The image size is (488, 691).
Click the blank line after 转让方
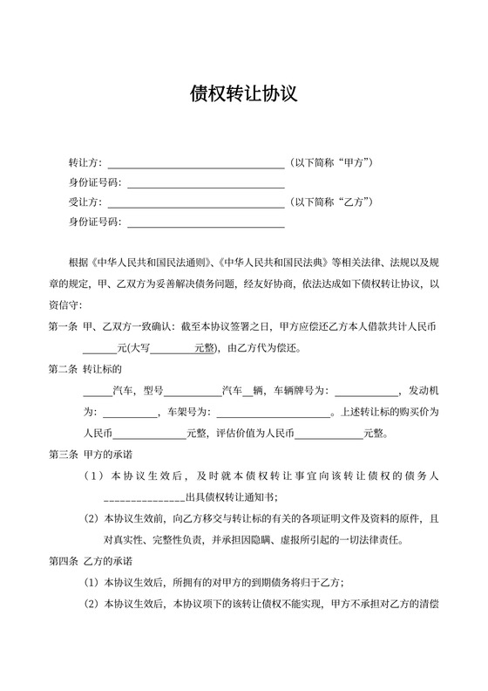(x=195, y=163)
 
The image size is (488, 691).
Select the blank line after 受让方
(x=195, y=202)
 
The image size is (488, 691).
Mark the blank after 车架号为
(x=271, y=412)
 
